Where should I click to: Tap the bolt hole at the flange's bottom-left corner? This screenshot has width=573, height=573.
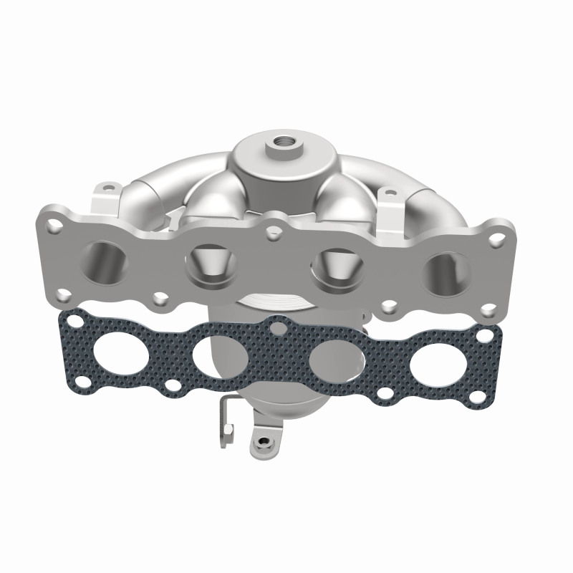(x=64, y=293)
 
